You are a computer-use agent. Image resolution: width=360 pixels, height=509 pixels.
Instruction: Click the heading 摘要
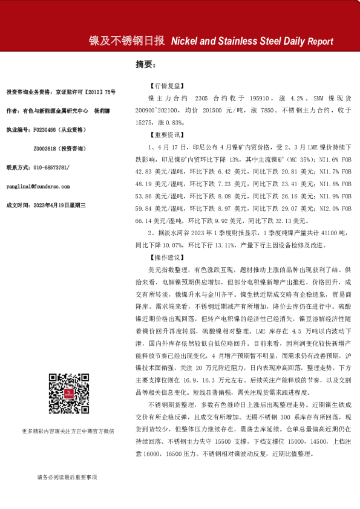pyautogui.click(x=146, y=64)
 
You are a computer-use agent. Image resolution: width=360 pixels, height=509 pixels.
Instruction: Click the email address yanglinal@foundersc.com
pyautogui.click(x=38, y=187)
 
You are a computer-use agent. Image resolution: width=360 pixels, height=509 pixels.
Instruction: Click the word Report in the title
pyautogui.click(x=320, y=42)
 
